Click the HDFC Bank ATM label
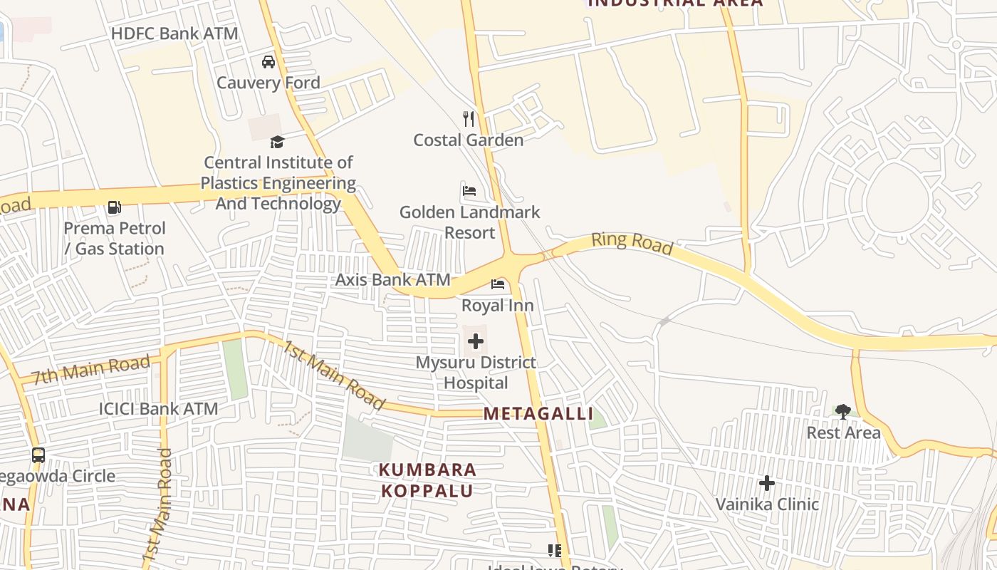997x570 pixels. click(175, 33)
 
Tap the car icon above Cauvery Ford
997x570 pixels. click(268, 62)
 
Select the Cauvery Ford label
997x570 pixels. click(268, 83)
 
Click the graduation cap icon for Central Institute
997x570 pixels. click(277, 142)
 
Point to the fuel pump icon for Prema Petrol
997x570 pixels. click(114, 207)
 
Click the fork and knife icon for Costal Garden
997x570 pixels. click(469, 119)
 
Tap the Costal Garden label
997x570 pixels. click(469, 140)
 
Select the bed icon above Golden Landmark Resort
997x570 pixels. click(469, 191)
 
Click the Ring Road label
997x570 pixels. click(632, 242)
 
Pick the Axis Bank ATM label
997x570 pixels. click(393, 279)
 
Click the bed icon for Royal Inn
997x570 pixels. click(498, 284)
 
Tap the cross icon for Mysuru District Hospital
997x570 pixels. click(476, 342)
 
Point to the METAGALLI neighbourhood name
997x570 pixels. click(538, 414)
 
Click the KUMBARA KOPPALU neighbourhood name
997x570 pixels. click(427, 480)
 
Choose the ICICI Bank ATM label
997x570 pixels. click(158, 409)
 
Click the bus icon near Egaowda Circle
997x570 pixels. click(38, 455)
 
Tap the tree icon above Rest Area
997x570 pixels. click(843, 411)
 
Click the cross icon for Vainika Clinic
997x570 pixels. click(767, 483)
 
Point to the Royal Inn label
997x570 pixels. click(498, 306)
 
